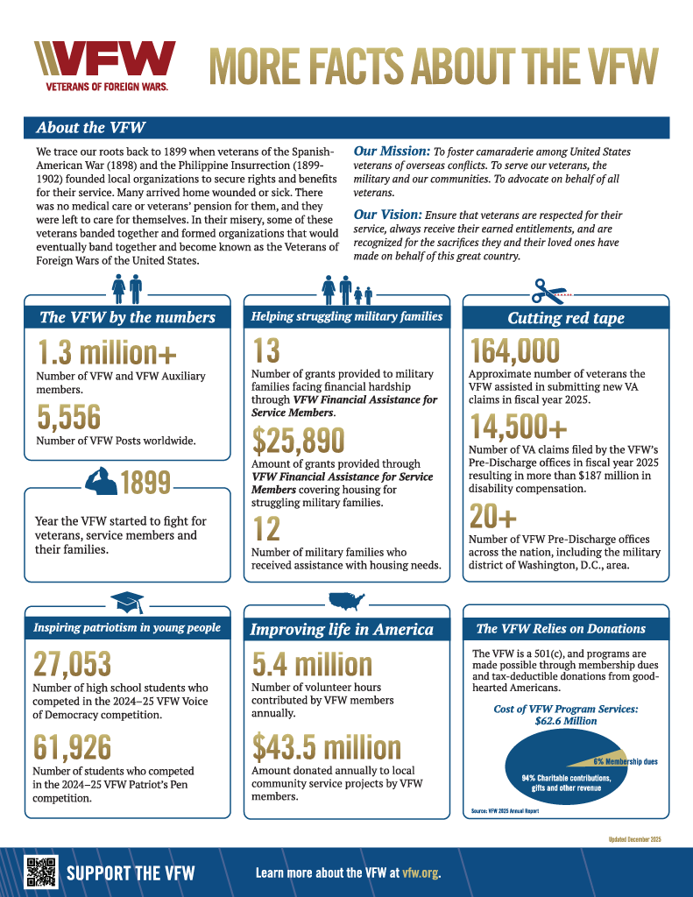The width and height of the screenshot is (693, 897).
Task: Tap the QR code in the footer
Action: pos(40,872)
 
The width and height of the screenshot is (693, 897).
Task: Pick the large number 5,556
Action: pos(69,416)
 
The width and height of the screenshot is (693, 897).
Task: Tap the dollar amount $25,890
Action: pos(299,440)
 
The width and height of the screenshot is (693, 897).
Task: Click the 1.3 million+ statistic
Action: pos(107,352)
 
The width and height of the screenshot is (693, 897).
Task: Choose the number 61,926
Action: pos(73,746)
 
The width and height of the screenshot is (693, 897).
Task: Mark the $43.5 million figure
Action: pos(327,746)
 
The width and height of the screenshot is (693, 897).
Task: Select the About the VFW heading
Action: pos(91,128)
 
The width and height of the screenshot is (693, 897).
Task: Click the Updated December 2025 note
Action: pos(634,839)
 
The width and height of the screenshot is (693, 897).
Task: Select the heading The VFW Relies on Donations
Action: pos(561,628)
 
